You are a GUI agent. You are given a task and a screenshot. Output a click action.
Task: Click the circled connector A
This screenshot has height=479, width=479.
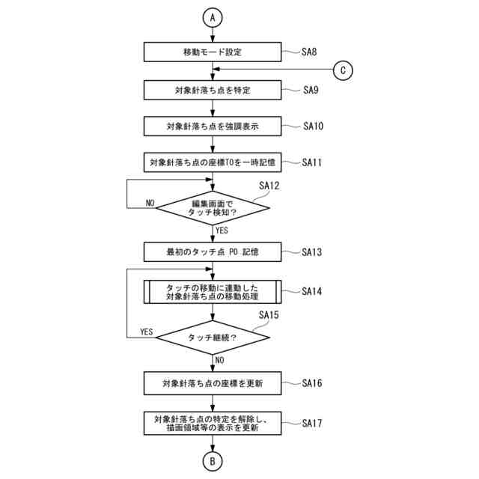pos(213,16)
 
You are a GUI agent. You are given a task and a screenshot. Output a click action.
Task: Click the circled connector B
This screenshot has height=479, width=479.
pos(213,461)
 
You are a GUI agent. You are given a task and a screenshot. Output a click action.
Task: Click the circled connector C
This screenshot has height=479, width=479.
pos(343,70)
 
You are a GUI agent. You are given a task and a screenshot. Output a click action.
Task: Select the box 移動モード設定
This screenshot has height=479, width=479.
pos(213,52)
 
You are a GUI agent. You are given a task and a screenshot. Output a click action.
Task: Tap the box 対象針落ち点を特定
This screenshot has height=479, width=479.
pos(213,90)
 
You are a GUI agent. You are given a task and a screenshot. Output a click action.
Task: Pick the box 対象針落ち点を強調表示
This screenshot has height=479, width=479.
pos(213,126)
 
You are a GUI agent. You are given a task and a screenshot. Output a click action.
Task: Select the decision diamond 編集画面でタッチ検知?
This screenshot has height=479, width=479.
pos(213,204)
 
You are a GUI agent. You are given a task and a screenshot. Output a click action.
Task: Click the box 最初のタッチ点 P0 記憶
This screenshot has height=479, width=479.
pos(213,251)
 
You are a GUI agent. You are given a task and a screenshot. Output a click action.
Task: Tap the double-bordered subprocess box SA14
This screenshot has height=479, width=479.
pos(213,292)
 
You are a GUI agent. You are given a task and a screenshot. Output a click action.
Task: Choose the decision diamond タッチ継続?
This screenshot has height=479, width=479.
pos(213,338)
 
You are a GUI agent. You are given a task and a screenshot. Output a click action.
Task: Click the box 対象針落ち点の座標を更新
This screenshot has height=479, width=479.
pos(213,383)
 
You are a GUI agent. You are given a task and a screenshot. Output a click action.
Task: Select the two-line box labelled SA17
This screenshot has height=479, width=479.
pos(213,424)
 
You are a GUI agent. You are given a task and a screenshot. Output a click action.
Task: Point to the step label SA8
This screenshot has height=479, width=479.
pos(310,52)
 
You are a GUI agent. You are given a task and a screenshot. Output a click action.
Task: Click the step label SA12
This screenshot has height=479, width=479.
pos(269,185)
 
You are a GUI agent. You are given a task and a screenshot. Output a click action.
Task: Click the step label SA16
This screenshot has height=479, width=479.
pos(312,383)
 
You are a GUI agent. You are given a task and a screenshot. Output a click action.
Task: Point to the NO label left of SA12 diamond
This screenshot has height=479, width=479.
pos(150,203)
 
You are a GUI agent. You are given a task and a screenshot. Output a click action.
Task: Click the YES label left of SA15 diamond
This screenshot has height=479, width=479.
pos(147,332)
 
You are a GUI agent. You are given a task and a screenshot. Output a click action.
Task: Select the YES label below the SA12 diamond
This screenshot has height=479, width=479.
pos(222,231)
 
